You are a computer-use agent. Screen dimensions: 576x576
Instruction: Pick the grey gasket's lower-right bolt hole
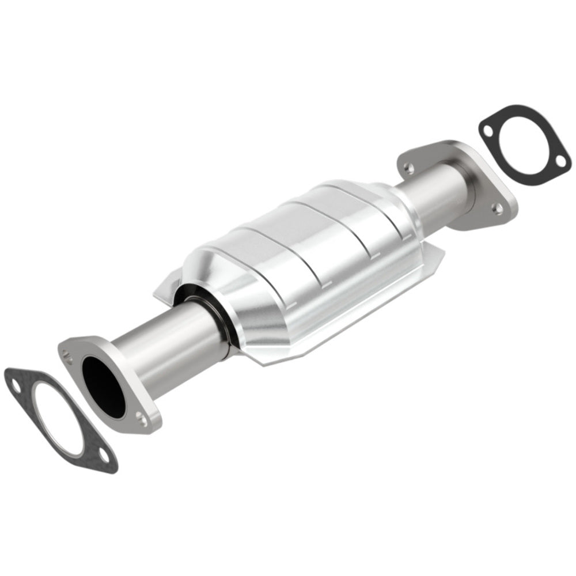[104, 456]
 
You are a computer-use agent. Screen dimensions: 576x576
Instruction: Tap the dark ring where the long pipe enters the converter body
[210, 314]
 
